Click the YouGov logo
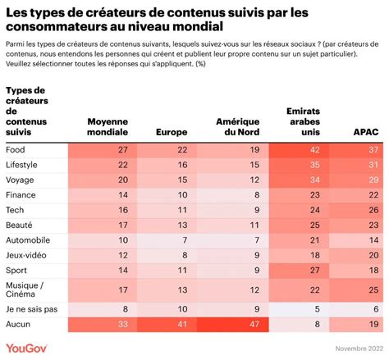26,349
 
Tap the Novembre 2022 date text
359,349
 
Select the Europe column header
172,132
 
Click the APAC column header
366,132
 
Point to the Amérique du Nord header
238,127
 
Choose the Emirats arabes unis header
303,121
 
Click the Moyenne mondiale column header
108,127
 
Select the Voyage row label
20,180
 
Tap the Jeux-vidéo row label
26,255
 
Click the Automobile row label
28,240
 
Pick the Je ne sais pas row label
32,309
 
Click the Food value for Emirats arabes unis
314,150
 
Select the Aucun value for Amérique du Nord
254,324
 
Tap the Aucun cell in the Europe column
182,324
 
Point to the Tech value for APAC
373,210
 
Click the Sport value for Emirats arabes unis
314,270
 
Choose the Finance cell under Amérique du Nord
257,195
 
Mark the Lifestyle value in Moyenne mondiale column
123,165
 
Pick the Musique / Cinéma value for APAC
373,289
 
